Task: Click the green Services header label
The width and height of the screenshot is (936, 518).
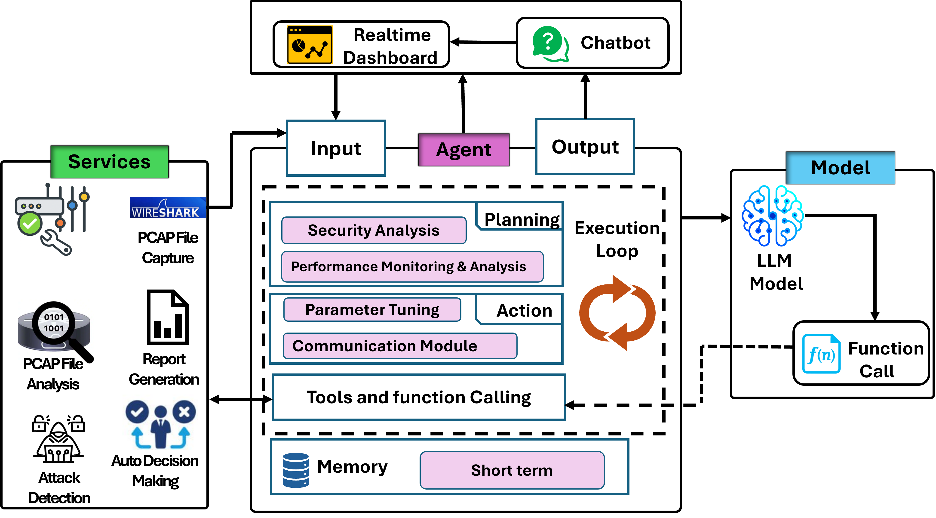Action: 109,162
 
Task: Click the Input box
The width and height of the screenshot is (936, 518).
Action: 336,148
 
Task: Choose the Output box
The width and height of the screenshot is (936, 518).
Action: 585,147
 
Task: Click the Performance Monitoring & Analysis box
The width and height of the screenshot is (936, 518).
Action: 412,266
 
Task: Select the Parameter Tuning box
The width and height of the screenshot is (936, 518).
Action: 372,310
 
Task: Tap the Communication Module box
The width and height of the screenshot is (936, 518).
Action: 400,346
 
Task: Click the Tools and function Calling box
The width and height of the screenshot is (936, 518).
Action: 419,397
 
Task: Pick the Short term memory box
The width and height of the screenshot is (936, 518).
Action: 512,470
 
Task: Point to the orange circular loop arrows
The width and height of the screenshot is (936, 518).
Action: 617,313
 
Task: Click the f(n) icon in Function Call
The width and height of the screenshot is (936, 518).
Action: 821,354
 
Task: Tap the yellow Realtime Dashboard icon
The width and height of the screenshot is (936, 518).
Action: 310,45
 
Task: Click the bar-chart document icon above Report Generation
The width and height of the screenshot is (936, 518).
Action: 168,317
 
